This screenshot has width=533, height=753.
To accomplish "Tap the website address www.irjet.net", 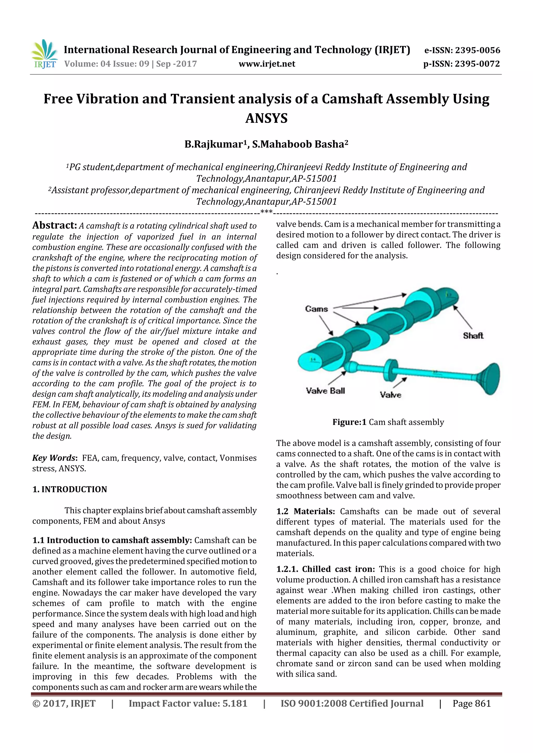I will tap(267, 64).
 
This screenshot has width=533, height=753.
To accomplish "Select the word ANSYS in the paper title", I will tap(266, 118).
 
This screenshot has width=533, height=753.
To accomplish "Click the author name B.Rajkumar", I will tap(213, 144).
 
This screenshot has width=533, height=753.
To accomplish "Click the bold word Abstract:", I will tap(54, 225).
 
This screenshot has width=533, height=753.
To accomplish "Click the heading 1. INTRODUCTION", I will tap(70, 489).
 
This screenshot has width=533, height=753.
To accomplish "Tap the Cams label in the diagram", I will tap(316, 309).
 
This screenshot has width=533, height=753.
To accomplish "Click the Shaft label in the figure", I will tap(473, 336).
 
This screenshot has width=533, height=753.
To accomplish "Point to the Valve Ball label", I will tap(325, 391).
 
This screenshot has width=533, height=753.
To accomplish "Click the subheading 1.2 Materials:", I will tap(306, 512).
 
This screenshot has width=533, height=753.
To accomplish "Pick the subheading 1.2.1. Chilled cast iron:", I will tap(325, 569).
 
